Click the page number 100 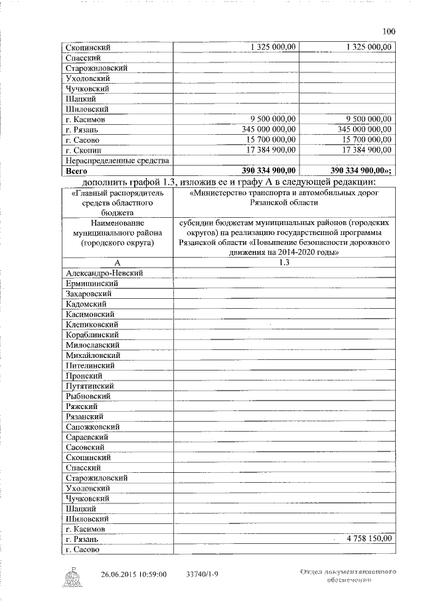click(390, 31)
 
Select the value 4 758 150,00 click(365, 539)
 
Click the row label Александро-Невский click(105, 273)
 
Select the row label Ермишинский click(92, 284)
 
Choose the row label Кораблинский click(93, 335)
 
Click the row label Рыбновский click(89, 396)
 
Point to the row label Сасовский click(87, 448)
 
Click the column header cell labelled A click(117, 263)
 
